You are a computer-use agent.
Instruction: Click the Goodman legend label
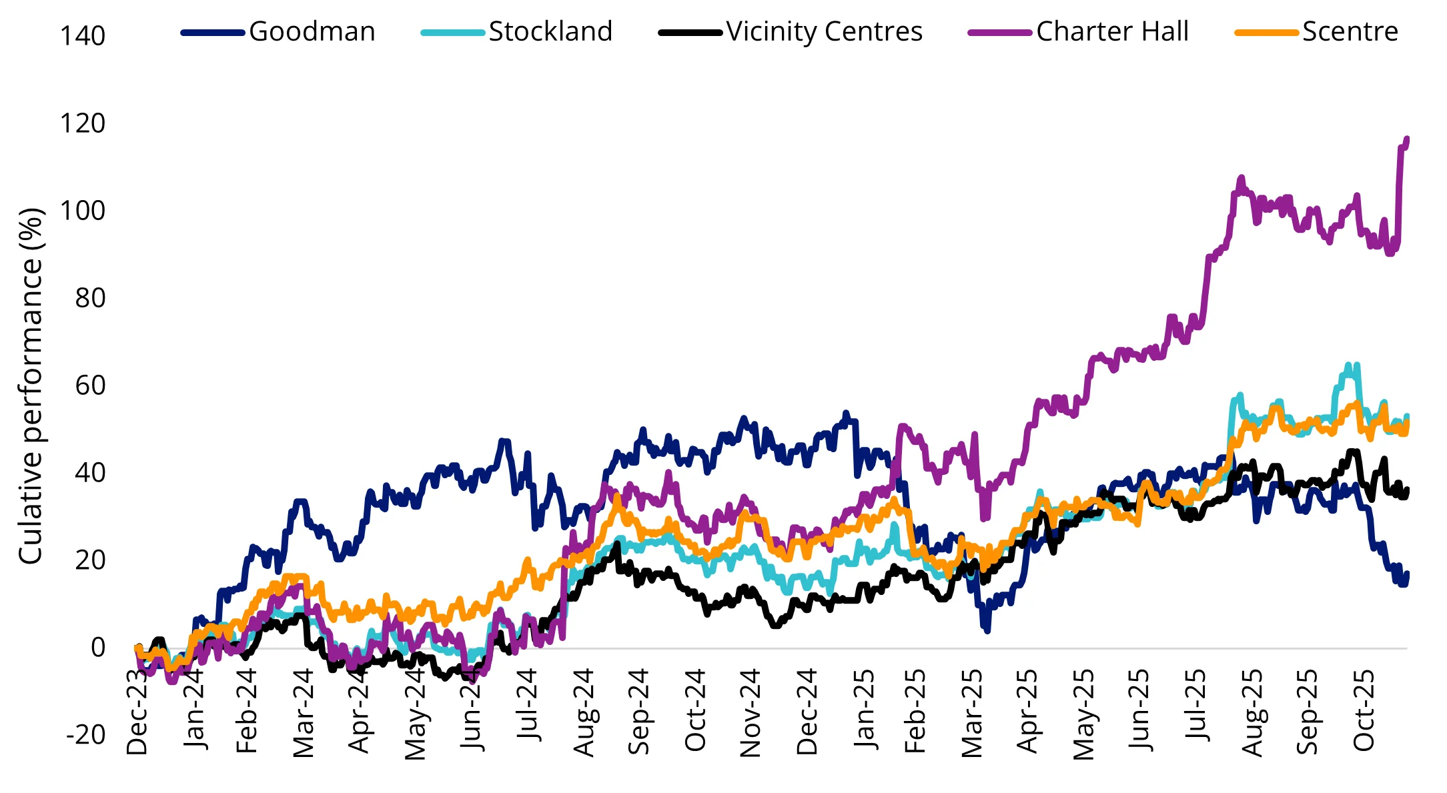312,31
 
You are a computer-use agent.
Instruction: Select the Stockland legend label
550,31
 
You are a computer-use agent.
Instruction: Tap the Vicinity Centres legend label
825,31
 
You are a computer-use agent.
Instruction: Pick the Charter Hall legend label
1112,31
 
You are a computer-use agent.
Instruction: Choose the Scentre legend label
1350,31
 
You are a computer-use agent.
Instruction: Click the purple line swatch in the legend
999,33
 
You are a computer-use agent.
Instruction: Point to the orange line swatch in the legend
1266,33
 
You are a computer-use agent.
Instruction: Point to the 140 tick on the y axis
83,36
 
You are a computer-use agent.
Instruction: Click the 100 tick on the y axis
83,211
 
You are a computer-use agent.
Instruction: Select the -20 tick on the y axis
85,735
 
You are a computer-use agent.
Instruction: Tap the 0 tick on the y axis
97,648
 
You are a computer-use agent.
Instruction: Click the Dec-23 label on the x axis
137,711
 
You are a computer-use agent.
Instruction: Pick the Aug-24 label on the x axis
584,712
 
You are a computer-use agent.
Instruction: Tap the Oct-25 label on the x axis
1364,710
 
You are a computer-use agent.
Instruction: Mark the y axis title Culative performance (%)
31,385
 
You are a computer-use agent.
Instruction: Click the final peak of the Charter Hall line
1406,139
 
